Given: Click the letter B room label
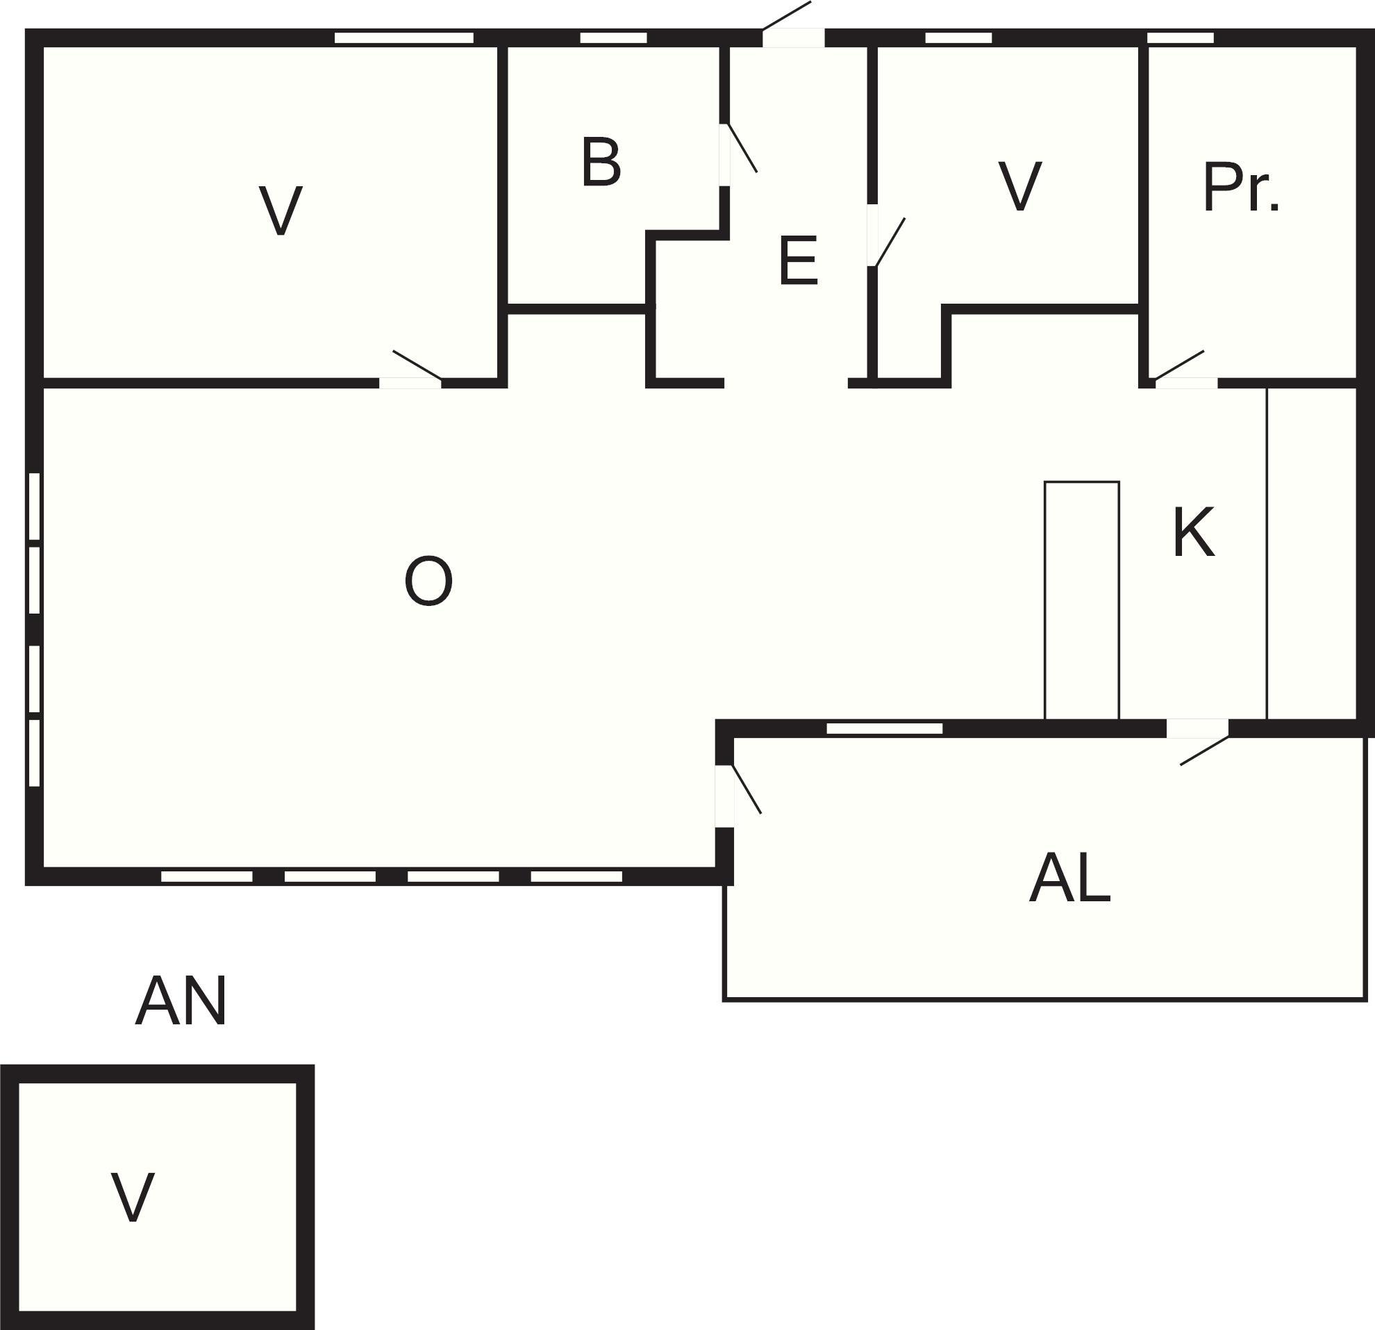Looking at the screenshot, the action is click(x=601, y=163).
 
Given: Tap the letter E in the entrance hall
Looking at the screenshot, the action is click(x=799, y=261).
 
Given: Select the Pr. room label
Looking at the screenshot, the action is click(x=1241, y=188).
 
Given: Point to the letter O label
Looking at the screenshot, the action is click(x=428, y=581).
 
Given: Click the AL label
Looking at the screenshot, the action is click(x=1070, y=880).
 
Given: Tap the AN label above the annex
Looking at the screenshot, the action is click(x=181, y=1001).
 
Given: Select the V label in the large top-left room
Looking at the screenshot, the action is click(x=281, y=211).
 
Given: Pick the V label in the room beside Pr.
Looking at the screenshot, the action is click(x=1020, y=186).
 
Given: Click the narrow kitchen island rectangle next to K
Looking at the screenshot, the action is click(x=1082, y=601).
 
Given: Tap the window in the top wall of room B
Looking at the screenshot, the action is click(x=614, y=38).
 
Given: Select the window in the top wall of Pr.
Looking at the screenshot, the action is click(x=1180, y=38).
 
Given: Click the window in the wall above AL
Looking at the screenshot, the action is click(x=884, y=728).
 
